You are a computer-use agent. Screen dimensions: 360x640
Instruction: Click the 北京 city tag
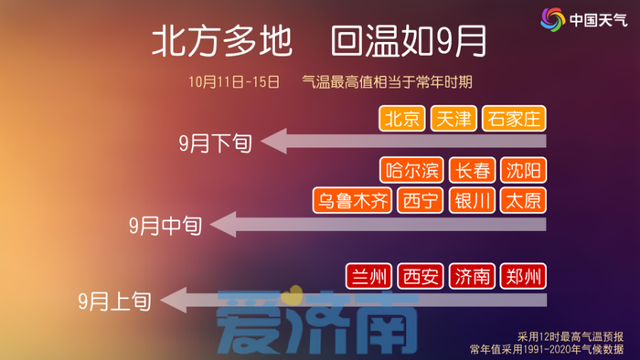tap(402, 118)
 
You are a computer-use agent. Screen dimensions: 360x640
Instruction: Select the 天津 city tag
tap(453, 118)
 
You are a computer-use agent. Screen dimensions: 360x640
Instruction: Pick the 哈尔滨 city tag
tap(412, 170)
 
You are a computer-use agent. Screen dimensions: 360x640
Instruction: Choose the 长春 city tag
tap(473, 170)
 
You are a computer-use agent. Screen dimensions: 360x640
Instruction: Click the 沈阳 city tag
tap(523, 170)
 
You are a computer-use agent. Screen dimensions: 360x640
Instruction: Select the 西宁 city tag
tap(422, 201)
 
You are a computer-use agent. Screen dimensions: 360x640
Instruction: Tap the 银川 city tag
tap(473, 201)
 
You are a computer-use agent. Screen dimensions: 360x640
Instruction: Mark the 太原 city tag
tap(523, 201)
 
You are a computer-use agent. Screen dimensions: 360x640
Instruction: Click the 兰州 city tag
tap(369, 276)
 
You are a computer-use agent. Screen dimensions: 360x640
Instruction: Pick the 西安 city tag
tap(421, 276)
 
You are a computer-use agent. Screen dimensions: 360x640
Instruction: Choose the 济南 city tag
tap(473, 276)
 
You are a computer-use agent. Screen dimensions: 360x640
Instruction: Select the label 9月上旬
tap(114, 300)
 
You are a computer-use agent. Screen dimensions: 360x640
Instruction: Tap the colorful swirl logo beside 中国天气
tap(551, 19)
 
